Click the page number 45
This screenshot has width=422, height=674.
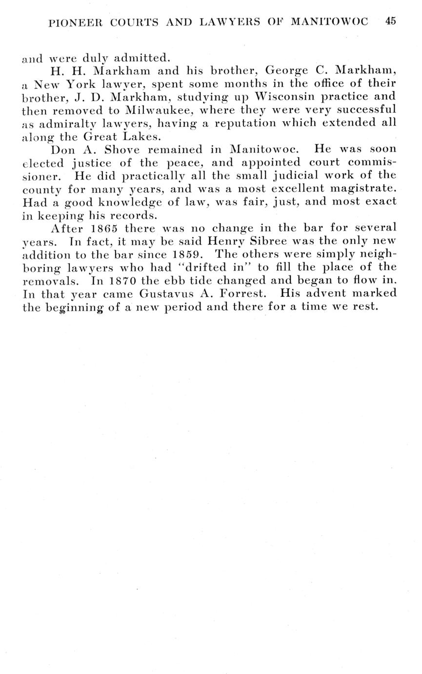[390, 21]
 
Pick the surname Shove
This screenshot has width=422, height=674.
[122, 149]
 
